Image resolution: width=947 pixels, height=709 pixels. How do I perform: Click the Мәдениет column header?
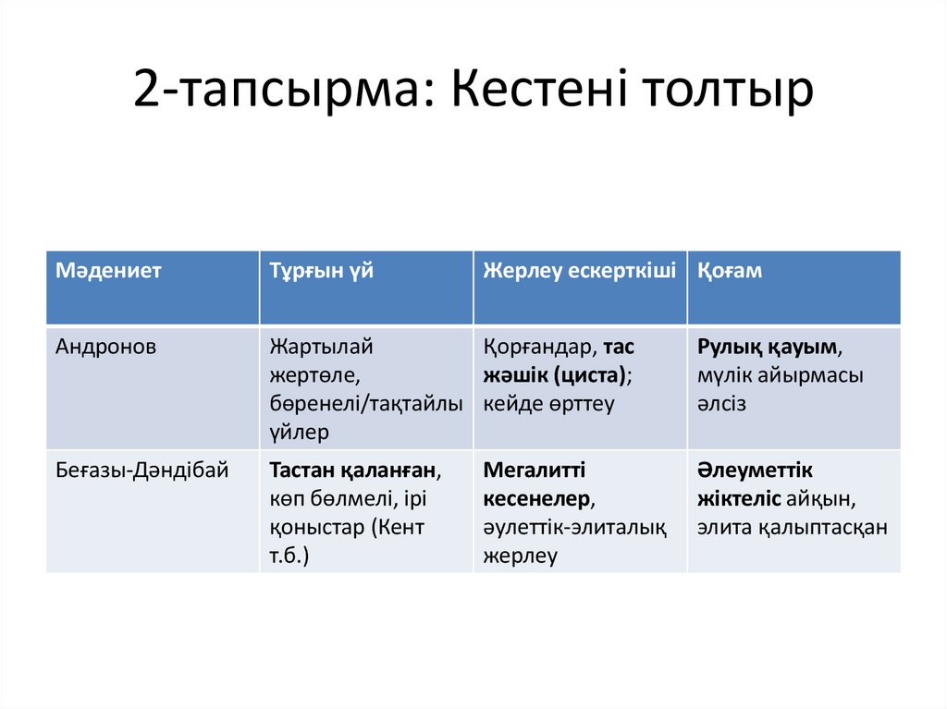pyautogui.click(x=108, y=271)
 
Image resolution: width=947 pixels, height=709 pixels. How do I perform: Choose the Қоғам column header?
pyautogui.click(x=730, y=271)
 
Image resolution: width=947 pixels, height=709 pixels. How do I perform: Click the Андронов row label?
pyautogui.click(x=106, y=348)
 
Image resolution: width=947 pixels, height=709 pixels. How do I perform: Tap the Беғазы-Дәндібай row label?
pyautogui.click(x=141, y=471)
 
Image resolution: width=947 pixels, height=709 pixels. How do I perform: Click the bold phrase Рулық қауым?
pyautogui.click(x=769, y=348)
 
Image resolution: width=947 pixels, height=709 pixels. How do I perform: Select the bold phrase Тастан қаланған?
pyautogui.click(x=352, y=471)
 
